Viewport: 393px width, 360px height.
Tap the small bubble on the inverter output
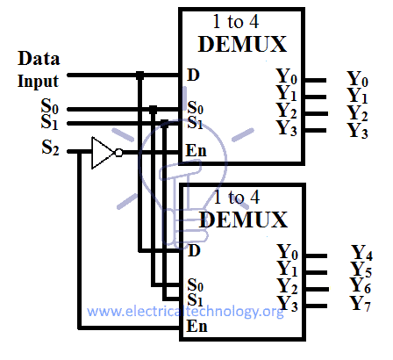pyautogui.click(x=118, y=153)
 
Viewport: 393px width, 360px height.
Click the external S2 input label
pyautogui.click(x=50, y=147)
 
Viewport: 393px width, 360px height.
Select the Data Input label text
pyautogui.click(x=39, y=69)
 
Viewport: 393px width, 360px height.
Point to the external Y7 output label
pyautogui.click(x=361, y=303)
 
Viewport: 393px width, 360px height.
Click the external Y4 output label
pyautogui.click(x=362, y=253)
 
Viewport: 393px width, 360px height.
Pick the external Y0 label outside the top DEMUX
pyautogui.click(x=357, y=79)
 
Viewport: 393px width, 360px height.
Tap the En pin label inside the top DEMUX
pyautogui.click(x=196, y=151)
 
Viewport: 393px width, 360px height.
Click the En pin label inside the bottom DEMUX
pyautogui.click(x=196, y=326)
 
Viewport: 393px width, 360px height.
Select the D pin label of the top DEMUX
pyautogui.click(x=193, y=75)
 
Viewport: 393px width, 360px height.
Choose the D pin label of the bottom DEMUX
pyautogui.click(x=194, y=250)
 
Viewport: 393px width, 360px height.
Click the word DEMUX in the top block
pyautogui.click(x=242, y=44)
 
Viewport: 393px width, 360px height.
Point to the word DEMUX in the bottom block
pyautogui.click(x=243, y=220)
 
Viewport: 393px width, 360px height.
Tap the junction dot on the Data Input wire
pyautogui.click(x=140, y=76)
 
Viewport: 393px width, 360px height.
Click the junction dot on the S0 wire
pyautogui.click(x=153, y=110)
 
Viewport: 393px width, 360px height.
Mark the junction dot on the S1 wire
pyautogui.click(x=165, y=123)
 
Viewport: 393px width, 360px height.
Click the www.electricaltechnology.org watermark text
pyautogui.click(x=185, y=312)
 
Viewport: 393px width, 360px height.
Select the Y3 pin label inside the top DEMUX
pyautogui.click(x=287, y=128)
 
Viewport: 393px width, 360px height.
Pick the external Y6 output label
pyautogui.click(x=361, y=285)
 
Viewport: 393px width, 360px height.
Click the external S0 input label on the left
pyautogui.click(x=50, y=106)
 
